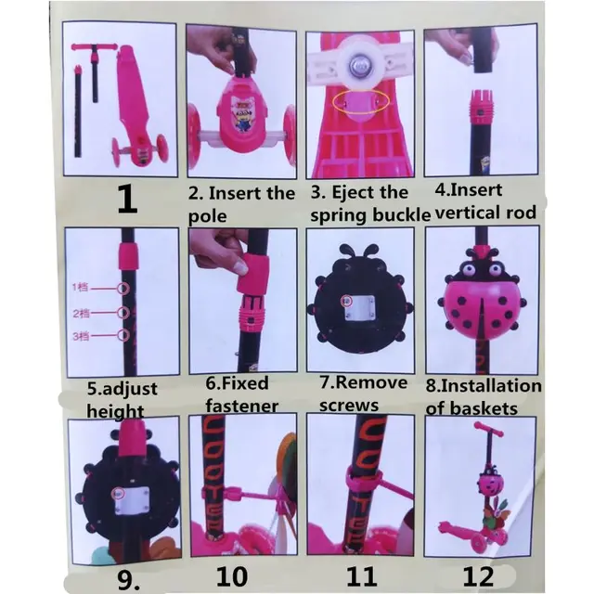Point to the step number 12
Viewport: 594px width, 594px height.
[x=478, y=576]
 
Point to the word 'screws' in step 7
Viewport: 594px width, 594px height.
[x=349, y=406]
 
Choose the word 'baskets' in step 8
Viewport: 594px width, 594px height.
[x=487, y=407]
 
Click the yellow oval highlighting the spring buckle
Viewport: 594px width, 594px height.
[x=363, y=103]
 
